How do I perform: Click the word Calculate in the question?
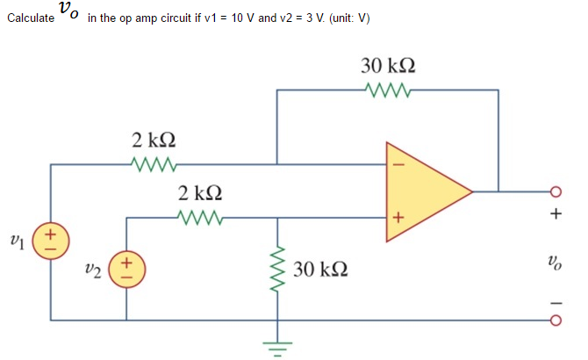[x=29, y=19]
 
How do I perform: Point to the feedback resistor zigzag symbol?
[x=387, y=89]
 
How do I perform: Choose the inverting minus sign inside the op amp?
[x=396, y=163]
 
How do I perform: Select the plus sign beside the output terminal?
[x=556, y=213]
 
